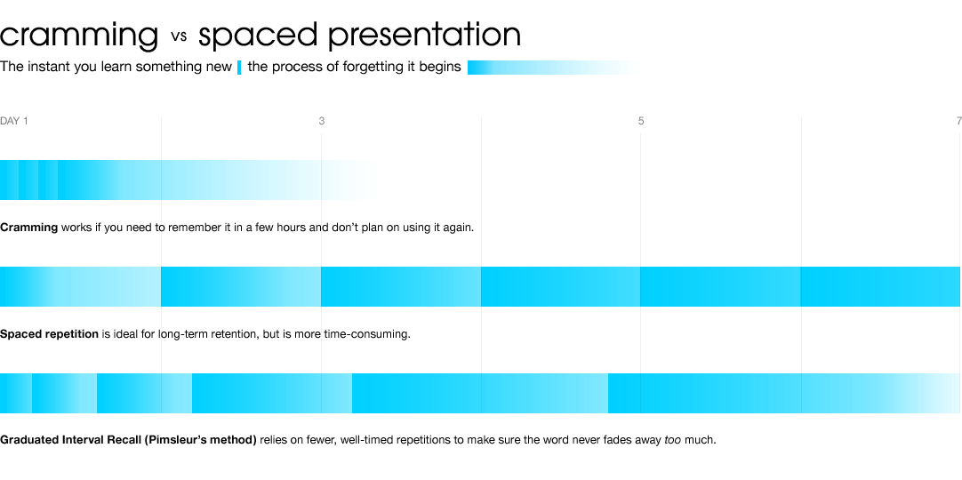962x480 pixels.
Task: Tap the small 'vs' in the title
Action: [x=179, y=36]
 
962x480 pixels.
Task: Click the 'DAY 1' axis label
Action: [x=14, y=122]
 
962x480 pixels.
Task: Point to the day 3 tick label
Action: [x=322, y=122]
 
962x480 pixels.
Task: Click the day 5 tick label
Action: [x=641, y=122]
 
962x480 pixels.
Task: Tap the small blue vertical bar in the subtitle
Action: [x=239, y=68]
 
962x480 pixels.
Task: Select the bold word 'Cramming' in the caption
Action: [x=28, y=228]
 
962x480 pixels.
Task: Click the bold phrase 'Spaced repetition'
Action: [x=49, y=334]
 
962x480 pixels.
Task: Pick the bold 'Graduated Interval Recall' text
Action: [x=70, y=440]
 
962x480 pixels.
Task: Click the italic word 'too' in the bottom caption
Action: [x=672, y=440]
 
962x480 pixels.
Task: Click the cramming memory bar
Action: [x=188, y=180]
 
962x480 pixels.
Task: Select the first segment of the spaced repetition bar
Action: [x=80, y=287]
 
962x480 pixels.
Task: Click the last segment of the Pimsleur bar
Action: [x=784, y=393]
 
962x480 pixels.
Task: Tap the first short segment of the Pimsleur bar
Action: [x=16, y=393]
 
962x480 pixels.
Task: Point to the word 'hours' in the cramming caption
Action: [x=292, y=228]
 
